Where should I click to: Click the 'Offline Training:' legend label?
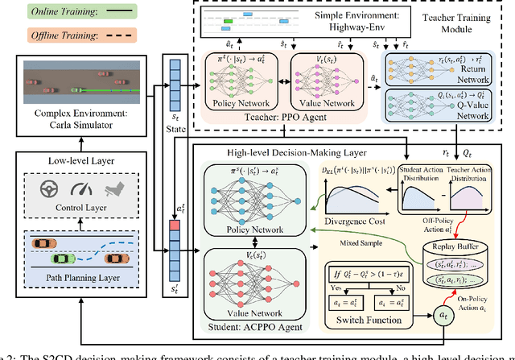(43, 35)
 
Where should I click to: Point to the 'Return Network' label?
(480, 72)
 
